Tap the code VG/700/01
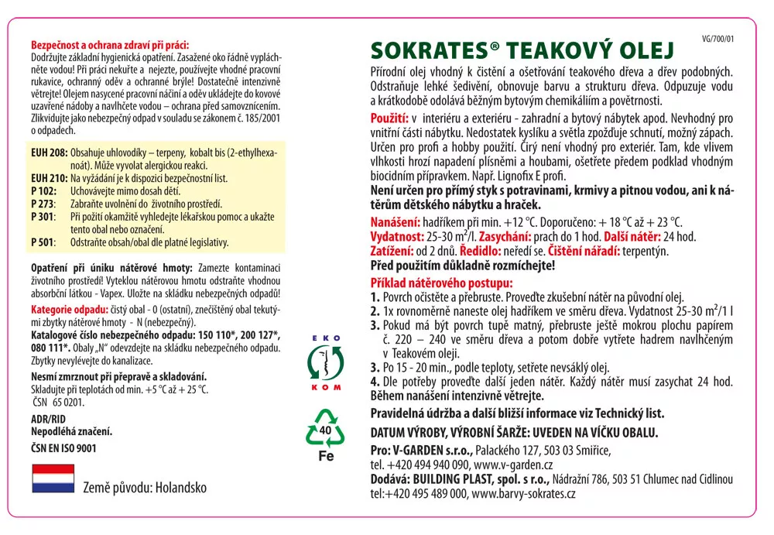coord(717,38)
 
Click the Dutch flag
coord(53,478)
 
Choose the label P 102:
coord(44,190)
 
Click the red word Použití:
coord(389,119)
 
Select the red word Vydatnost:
coord(397,236)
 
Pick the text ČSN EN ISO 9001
coord(63,448)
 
